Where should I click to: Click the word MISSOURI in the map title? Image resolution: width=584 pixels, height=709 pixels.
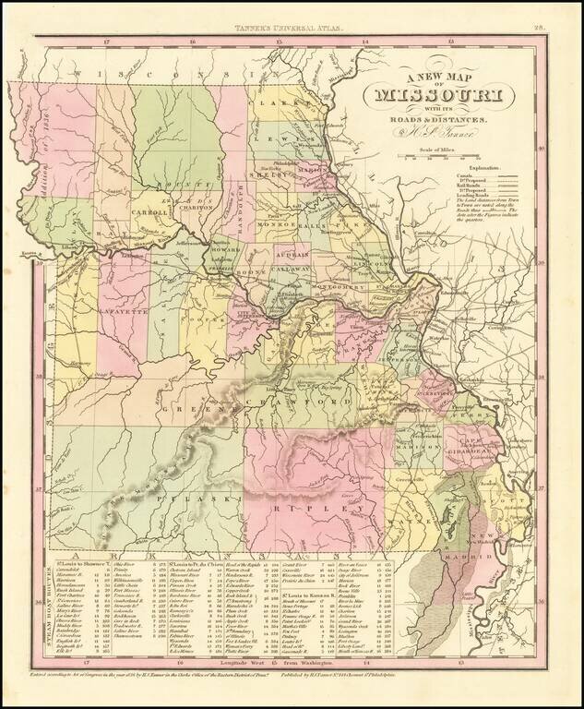pyautogui.click(x=438, y=96)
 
